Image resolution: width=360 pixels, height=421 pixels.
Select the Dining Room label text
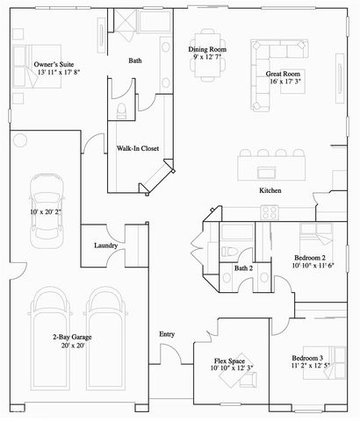(x=209, y=49)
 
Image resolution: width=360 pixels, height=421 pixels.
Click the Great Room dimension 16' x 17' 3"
(x=283, y=82)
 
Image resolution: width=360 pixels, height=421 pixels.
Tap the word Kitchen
(x=270, y=190)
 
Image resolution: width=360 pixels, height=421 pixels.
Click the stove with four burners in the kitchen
(x=270, y=211)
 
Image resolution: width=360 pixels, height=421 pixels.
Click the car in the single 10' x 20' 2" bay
(x=42, y=209)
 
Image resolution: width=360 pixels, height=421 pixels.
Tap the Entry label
(x=167, y=334)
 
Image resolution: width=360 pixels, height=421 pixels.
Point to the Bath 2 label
(x=243, y=268)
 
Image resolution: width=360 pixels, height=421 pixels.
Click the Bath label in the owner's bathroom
(x=135, y=61)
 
